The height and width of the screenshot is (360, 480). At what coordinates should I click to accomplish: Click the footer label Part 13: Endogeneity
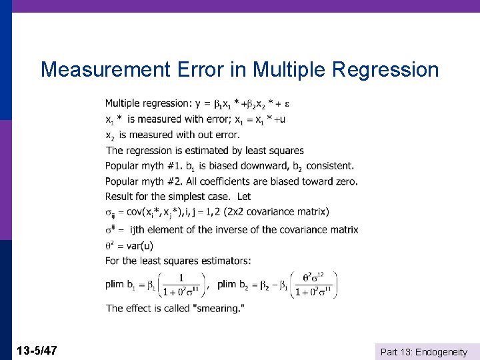point(424,351)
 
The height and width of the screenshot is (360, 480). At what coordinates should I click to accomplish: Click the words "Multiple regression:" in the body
point(148,103)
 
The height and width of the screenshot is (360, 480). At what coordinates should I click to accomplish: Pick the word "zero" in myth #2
point(345,181)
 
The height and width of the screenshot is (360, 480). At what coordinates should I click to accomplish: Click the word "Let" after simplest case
point(244,197)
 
